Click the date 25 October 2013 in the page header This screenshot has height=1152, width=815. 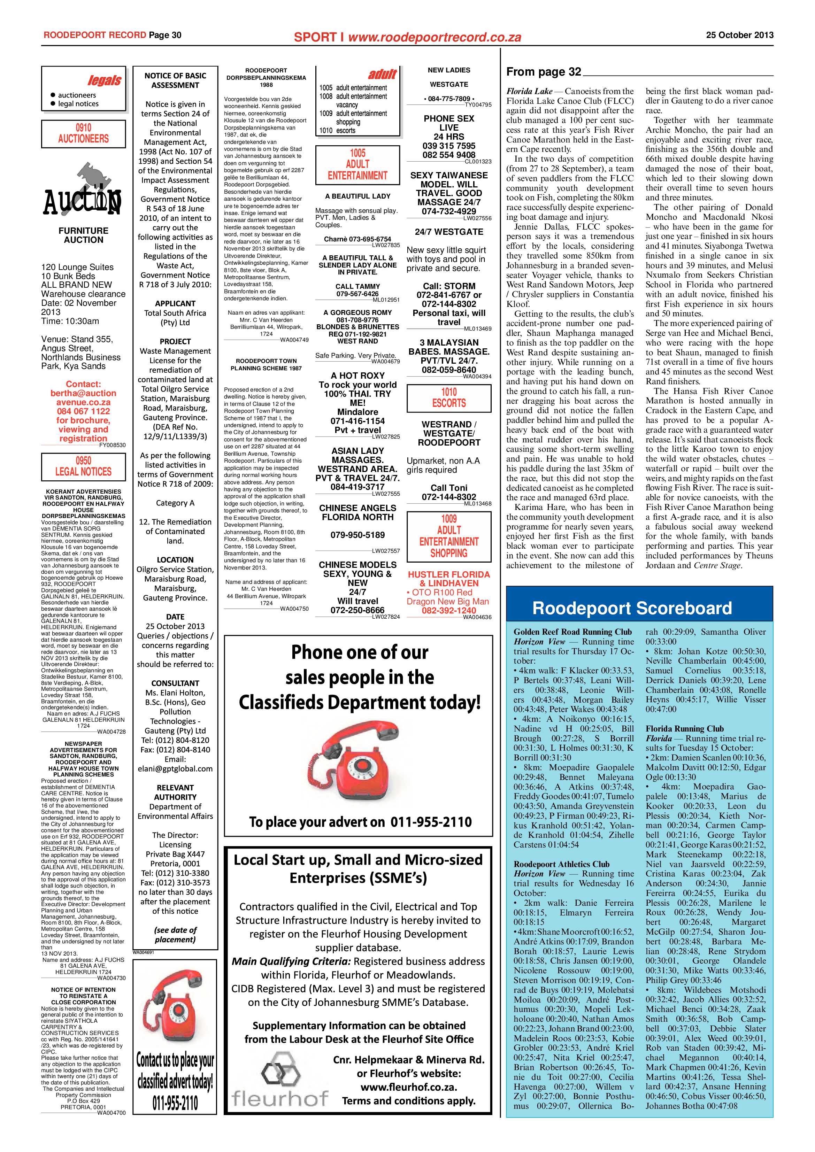tap(739, 35)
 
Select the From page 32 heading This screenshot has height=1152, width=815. tap(544, 72)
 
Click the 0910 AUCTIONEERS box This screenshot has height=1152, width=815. tap(83, 133)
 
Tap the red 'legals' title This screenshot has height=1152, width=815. tap(105, 80)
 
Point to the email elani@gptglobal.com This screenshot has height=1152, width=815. tap(175, 769)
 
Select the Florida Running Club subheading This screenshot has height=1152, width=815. tap(685, 728)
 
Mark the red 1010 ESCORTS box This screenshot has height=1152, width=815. tap(449, 398)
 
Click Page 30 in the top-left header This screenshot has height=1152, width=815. tap(164, 35)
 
